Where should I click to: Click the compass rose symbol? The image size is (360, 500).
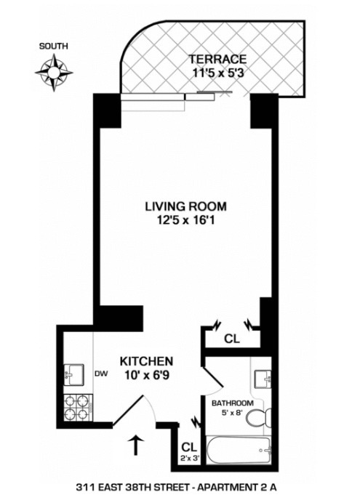click(x=55, y=73)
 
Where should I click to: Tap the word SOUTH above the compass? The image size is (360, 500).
click(x=55, y=47)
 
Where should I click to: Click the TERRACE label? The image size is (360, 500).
click(x=218, y=59)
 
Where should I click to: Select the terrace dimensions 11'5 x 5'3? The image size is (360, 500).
click(x=218, y=73)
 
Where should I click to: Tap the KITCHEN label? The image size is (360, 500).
click(x=145, y=361)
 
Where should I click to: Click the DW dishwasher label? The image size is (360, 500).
click(x=101, y=376)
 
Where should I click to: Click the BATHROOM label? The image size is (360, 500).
click(x=232, y=403)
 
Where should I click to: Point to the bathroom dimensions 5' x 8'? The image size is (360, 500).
click(x=232, y=414)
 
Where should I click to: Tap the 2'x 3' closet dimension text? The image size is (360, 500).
click(x=189, y=459)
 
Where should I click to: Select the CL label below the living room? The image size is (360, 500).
click(x=231, y=338)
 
